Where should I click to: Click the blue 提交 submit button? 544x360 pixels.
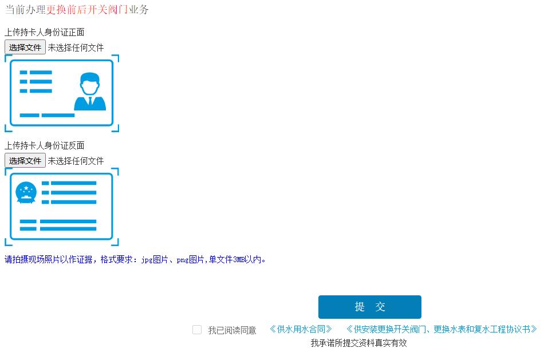pyautogui.click(x=369, y=307)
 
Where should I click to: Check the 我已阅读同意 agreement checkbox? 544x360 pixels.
pyautogui.click(x=197, y=330)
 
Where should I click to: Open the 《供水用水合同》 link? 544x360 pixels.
pyautogui.click(x=301, y=329)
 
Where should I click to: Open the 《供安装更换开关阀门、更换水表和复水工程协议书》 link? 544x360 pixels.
pyautogui.click(x=441, y=329)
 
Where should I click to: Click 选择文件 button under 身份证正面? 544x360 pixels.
pyautogui.click(x=25, y=48)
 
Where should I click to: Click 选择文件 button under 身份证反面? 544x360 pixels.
pyautogui.click(x=25, y=161)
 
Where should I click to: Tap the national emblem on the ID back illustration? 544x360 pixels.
pyautogui.click(x=26, y=193)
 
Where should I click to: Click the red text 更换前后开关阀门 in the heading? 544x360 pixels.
pyautogui.click(x=87, y=10)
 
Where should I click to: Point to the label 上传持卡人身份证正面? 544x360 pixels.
pyautogui.click(x=45, y=32)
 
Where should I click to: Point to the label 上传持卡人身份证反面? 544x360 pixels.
pyautogui.click(x=45, y=145)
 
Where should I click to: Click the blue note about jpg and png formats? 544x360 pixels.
pyautogui.click(x=136, y=259)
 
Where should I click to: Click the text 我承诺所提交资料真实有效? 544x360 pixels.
pyautogui.click(x=358, y=343)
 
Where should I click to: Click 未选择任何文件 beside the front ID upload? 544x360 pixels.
pyautogui.click(x=76, y=48)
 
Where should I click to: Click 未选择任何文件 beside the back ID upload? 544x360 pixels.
pyautogui.click(x=76, y=161)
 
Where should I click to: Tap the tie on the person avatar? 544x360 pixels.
pyautogui.click(x=90, y=102)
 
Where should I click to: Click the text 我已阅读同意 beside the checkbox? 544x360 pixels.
pyautogui.click(x=232, y=330)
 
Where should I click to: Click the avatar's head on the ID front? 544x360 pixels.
pyautogui.click(x=90, y=84)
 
